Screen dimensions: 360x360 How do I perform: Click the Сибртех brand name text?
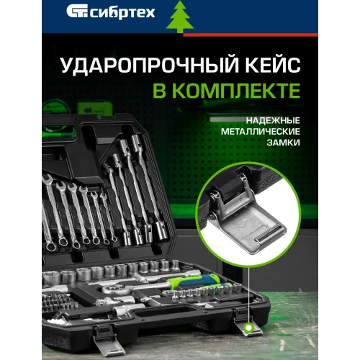click(x=123, y=13)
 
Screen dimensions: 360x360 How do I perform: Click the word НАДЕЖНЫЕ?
click(x=273, y=120)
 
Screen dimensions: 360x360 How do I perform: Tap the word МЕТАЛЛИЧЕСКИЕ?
click(x=261, y=132)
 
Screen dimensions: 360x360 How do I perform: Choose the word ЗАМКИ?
click(x=284, y=143)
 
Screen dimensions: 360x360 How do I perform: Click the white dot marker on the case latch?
click(x=249, y=327)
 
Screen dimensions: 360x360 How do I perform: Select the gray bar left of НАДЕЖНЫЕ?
click(x=228, y=120)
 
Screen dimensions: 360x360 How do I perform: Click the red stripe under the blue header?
click(x=251, y=35)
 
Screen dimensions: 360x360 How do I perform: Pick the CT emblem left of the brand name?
click(x=78, y=12)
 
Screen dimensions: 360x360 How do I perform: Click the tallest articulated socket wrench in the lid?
click(x=147, y=186)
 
